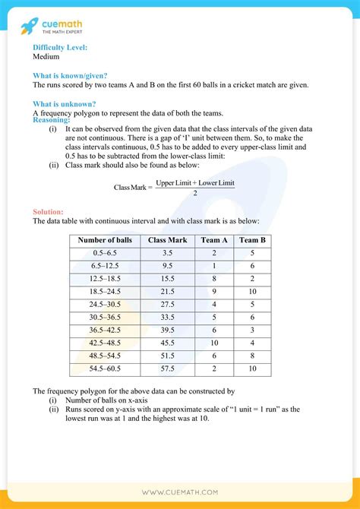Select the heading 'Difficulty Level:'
tap(60, 47)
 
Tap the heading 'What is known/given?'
tap(70, 75)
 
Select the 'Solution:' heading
tap(49, 211)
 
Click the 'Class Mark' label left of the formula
tap(130, 187)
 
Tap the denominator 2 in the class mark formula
tap(195, 193)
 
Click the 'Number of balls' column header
tap(105, 240)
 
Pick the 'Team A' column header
tap(215, 240)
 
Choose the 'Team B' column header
tap(252, 240)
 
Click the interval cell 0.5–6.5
tap(105, 252)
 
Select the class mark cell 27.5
tap(168, 304)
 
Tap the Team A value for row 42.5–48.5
tap(215, 343)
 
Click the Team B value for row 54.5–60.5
tap(252, 368)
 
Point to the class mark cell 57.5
tap(168, 368)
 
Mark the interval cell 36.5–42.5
tap(105, 330)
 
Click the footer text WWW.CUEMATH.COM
tap(179, 492)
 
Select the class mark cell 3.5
tap(168, 252)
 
